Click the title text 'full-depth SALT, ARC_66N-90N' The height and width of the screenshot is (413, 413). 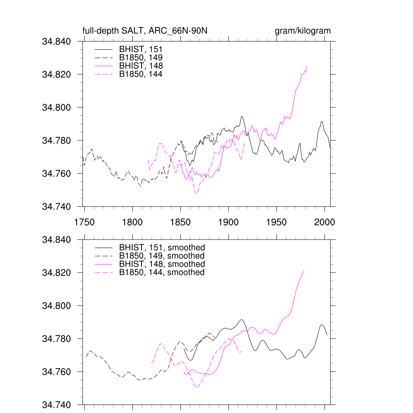tap(145, 31)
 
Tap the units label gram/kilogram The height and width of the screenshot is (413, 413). tap(302, 31)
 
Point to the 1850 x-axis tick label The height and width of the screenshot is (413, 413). tap(180, 222)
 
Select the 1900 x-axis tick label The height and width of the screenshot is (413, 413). tap(229, 222)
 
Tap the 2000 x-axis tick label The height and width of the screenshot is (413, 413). tap(325, 222)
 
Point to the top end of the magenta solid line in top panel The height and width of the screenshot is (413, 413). tap(307, 66)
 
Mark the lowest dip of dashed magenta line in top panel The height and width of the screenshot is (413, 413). tap(196, 193)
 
